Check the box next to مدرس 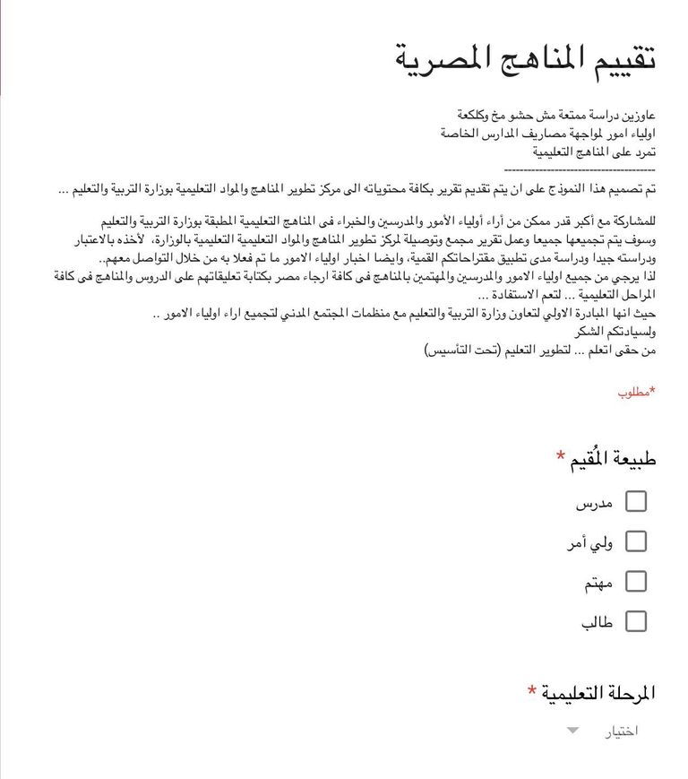(636, 501)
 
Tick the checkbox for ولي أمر (636, 541)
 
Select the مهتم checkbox (636, 581)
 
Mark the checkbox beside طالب (636, 621)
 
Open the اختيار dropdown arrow (573, 731)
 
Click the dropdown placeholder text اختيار (623, 731)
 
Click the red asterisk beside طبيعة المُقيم (561, 456)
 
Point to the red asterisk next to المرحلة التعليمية (533, 690)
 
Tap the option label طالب (598, 622)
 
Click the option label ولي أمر (589, 542)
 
